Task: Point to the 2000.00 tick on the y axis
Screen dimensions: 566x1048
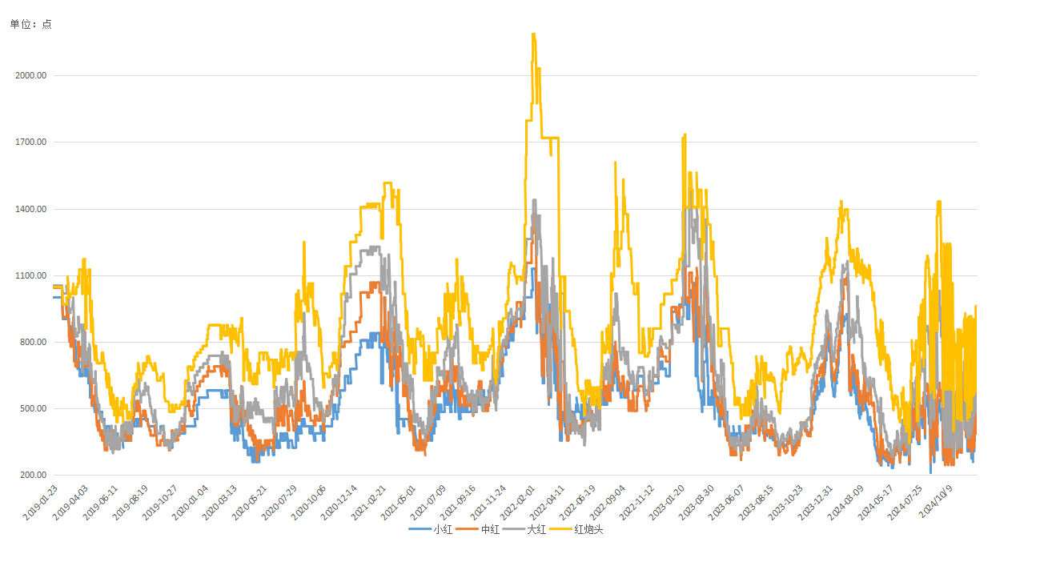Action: (30, 75)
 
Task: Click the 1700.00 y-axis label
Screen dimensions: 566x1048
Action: (30, 143)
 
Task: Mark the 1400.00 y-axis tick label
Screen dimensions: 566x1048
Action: (30, 209)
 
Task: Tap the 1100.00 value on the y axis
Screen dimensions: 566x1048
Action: (30, 275)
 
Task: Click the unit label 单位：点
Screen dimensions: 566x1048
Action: (31, 24)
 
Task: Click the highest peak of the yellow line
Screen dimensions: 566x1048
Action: (533, 34)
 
